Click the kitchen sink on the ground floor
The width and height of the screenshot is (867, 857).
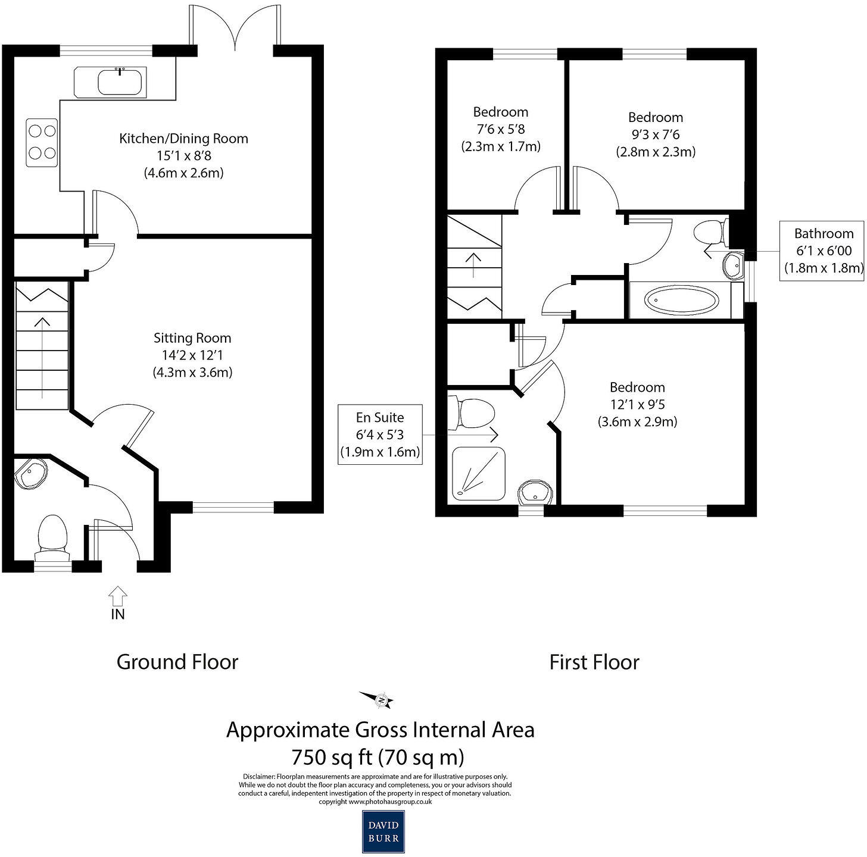(121, 82)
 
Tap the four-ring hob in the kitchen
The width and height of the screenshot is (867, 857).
(42, 143)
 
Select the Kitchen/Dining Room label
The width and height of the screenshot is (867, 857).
(183, 139)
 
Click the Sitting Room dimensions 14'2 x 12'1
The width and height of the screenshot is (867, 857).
(192, 355)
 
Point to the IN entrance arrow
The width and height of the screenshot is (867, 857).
(118, 596)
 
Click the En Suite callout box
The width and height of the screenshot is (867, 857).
(380, 435)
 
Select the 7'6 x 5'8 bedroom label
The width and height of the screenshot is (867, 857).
(500, 129)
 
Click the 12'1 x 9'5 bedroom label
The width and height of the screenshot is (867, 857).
(637, 405)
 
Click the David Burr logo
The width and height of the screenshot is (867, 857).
(383, 831)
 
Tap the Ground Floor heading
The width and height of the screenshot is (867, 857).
(177, 662)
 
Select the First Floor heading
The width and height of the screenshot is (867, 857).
(594, 662)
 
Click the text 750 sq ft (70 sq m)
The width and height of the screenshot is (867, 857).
(378, 757)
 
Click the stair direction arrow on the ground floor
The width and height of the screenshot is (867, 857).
(42, 357)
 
